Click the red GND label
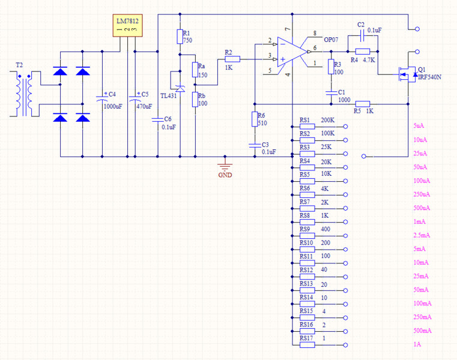point(225,175)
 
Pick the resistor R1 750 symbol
point(180,37)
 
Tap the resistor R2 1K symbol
point(232,59)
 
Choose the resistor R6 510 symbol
point(255,119)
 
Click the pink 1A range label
point(417,344)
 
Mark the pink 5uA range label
point(419,126)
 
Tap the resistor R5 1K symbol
point(362,103)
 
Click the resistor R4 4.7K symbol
point(362,52)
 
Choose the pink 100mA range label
point(422,304)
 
